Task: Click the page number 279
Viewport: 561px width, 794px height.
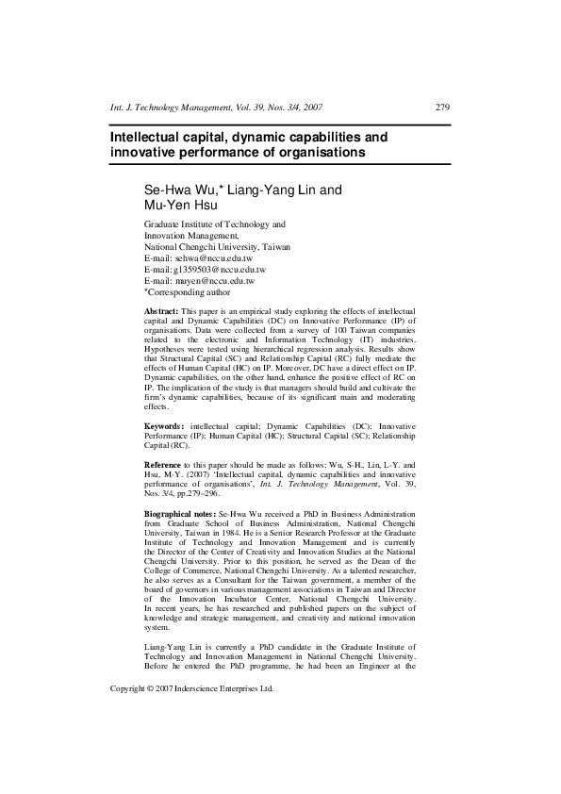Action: point(442,108)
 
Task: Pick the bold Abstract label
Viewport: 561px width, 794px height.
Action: point(160,310)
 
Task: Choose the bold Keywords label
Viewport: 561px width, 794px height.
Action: point(165,427)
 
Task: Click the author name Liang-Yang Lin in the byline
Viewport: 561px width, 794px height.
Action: point(278,190)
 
